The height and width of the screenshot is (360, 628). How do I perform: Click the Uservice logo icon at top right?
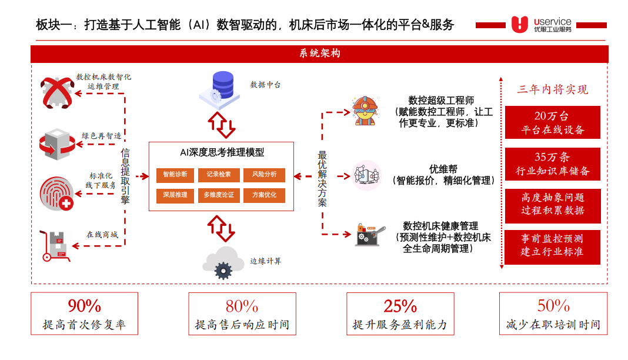click(520, 24)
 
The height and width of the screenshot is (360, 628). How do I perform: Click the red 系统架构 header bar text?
click(319, 54)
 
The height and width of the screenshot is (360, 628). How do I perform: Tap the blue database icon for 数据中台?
click(222, 85)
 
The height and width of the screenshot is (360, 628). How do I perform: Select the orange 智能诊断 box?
click(175, 175)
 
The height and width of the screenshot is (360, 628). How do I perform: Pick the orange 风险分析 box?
click(264, 175)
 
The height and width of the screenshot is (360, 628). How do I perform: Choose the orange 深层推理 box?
click(175, 195)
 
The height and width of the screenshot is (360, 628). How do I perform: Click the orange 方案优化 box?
click(264, 195)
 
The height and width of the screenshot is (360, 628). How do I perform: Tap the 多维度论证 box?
click(219, 195)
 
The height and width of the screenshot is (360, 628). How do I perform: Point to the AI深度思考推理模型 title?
click(222, 152)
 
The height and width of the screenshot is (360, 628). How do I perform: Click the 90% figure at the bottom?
click(84, 306)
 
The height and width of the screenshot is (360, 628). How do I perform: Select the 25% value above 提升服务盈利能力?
click(400, 306)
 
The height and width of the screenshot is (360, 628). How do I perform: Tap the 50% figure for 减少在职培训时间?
click(553, 306)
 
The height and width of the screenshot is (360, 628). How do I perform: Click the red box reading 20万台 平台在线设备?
click(552, 122)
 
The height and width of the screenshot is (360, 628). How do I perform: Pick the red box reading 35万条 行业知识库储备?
click(552, 164)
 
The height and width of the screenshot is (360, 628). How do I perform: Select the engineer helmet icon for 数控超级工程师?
click(367, 110)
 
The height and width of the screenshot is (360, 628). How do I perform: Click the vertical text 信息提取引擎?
click(125, 176)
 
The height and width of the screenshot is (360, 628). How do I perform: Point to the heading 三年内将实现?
click(552, 89)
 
